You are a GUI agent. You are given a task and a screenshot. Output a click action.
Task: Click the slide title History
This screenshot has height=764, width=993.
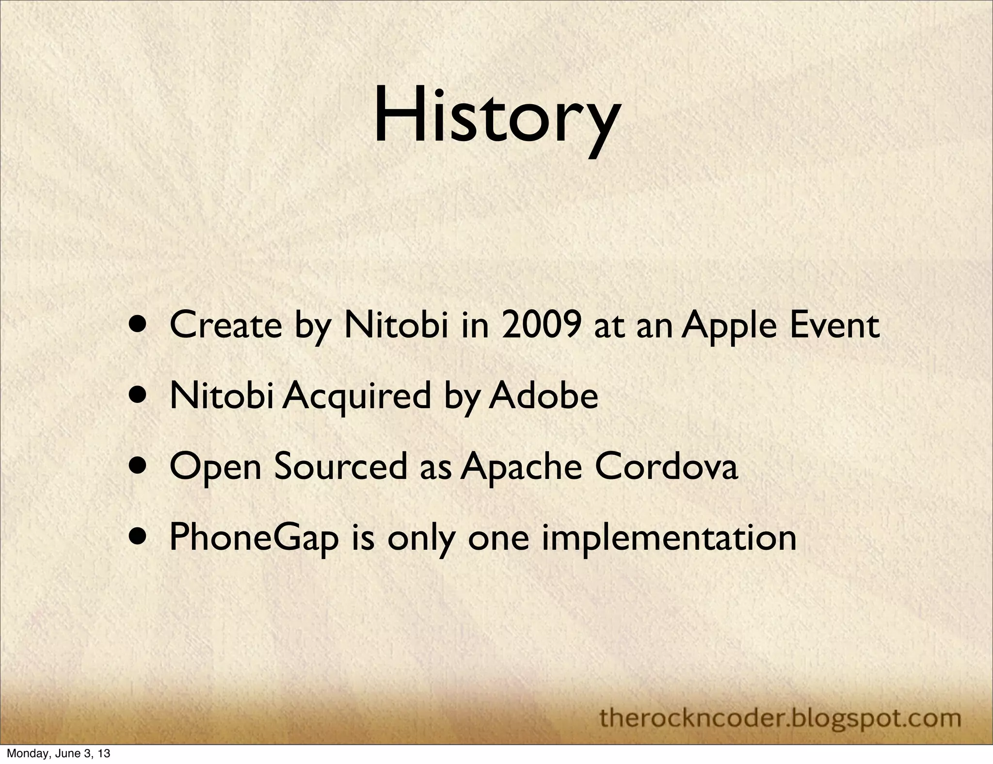click(496, 116)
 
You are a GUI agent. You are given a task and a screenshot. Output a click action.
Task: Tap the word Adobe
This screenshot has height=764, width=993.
click(544, 396)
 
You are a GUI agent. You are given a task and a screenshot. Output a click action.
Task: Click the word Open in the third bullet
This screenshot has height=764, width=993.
click(216, 467)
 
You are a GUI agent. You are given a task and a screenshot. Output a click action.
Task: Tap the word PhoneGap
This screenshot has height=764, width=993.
click(254, 538)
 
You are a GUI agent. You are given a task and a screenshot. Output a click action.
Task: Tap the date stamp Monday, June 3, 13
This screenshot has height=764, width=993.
click(58, 754)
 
